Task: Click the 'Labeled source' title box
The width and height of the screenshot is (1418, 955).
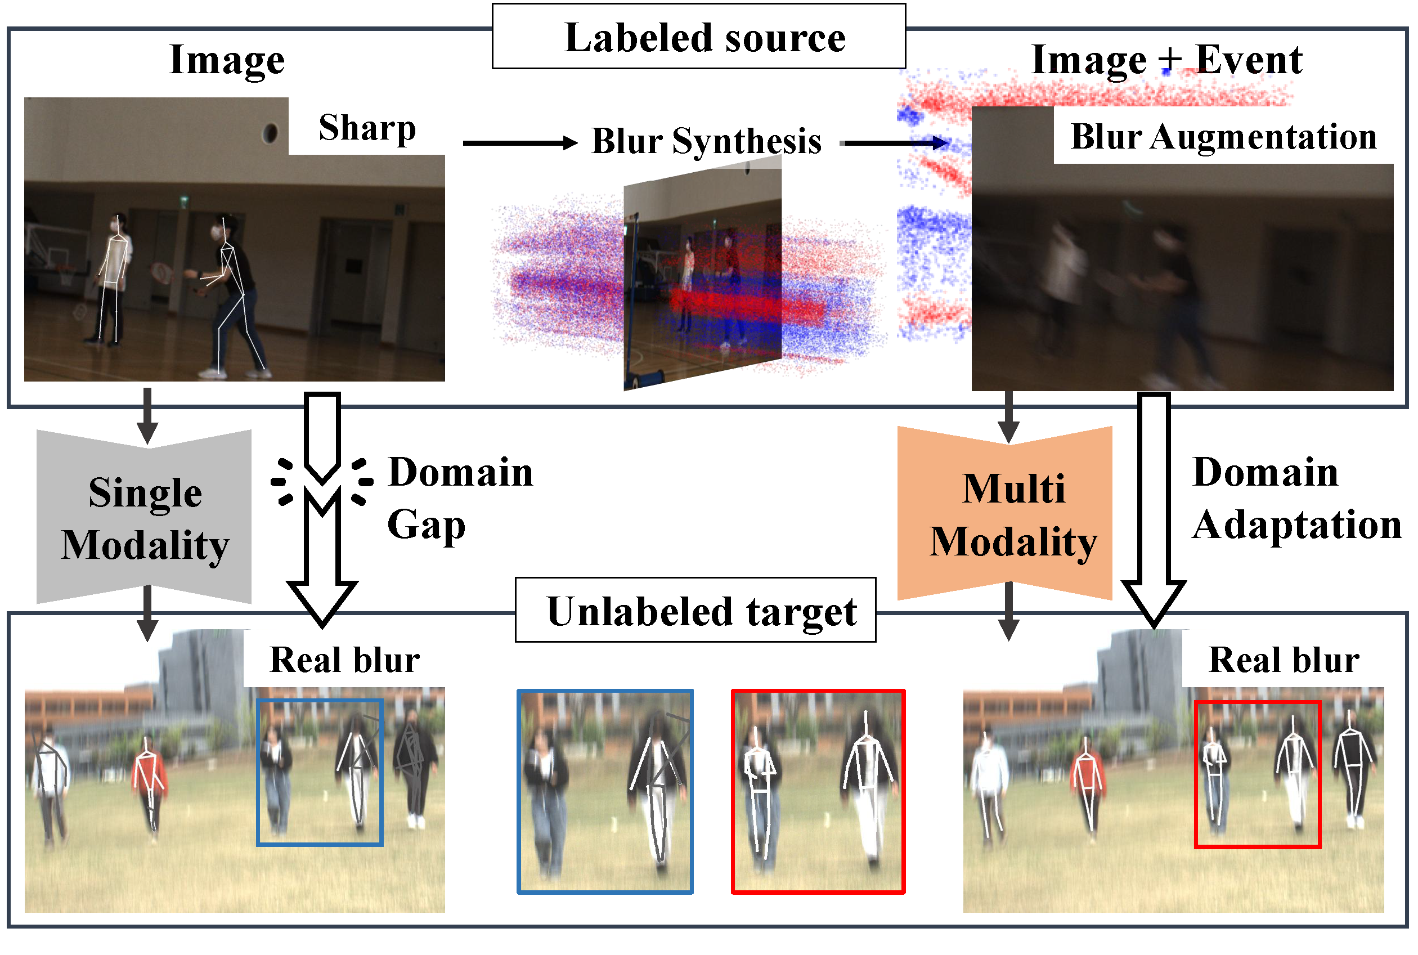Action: pos(698,37)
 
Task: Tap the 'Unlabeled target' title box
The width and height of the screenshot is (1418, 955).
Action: pos(695,609)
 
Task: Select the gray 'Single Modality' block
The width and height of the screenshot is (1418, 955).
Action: pos(143,517)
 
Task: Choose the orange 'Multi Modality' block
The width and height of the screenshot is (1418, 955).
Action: pos(1004,513)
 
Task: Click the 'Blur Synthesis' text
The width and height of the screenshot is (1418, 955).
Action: pos(706,141)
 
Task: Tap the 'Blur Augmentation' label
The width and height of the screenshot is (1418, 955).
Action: pos(1224,136)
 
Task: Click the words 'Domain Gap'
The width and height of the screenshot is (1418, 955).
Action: pos(460,498)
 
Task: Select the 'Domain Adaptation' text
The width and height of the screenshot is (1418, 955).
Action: pos(1297,498)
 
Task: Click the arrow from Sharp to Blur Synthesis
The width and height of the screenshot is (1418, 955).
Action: pos(520,143)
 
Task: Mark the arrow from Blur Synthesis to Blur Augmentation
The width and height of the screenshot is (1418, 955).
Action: pos(894,143)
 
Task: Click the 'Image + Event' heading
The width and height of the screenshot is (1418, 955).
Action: pos(1166,60)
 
